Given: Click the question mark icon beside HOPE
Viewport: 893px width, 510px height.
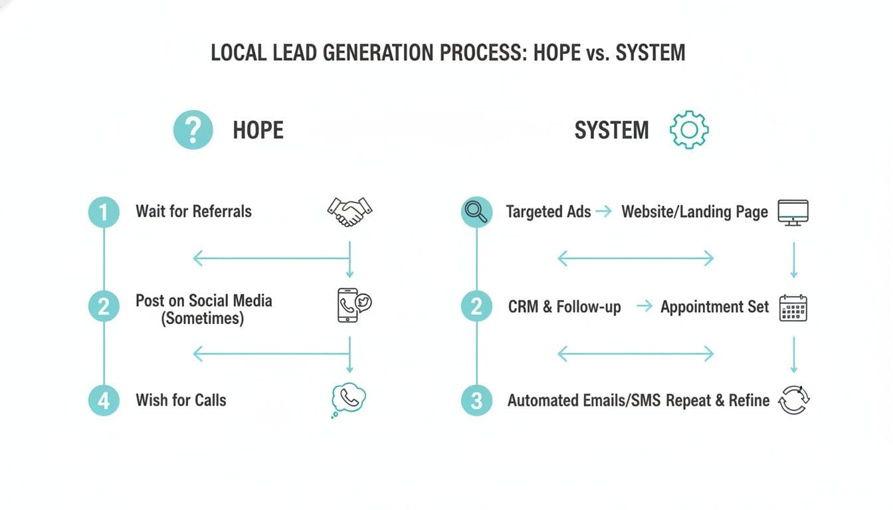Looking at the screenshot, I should (x=193, y=129).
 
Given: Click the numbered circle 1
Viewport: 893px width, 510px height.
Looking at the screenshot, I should (x=104, y=212).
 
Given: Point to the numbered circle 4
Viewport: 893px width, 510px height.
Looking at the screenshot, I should (x=104, y=400).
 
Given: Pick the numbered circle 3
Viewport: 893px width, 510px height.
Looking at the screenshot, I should (x=476, y=400).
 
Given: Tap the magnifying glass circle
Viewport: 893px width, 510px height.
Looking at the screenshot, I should (x=476, y=212).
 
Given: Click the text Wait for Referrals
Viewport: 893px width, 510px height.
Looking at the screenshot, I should (x=193, y=212).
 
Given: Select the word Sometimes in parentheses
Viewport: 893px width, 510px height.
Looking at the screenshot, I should (x=203, y=318).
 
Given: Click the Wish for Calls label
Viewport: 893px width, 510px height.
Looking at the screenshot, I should (x=181, y=400).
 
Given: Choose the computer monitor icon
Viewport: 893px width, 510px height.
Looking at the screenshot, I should (x=793, y=212).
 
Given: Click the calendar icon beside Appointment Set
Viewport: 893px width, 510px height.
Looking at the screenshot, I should (x=793, y=308).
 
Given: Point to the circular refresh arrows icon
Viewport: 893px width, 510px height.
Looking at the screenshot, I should (x=794, y=400).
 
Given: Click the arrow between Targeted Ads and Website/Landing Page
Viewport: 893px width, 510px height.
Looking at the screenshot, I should (x=603, y=212).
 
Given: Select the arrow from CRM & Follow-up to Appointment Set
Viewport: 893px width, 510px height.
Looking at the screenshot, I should (x=644, y=306).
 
